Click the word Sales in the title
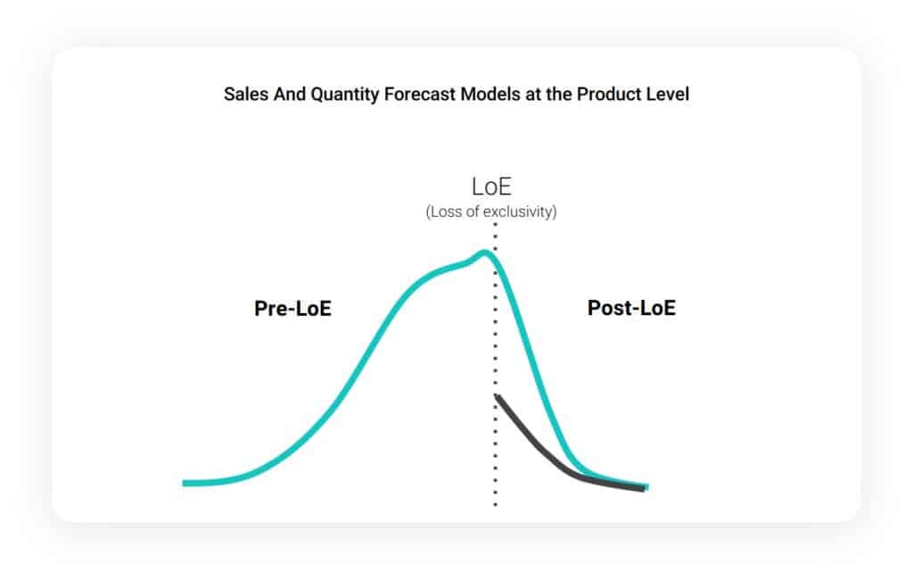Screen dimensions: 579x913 click(x=243, y=94)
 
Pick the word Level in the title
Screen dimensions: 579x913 click(x=667, y=94)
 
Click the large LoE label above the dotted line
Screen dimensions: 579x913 click(x=491, y=187)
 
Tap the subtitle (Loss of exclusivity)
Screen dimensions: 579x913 click(x=491, y=212)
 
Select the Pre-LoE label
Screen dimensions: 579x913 click(x=293, y=309)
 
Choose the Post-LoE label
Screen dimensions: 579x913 click(x=631, y=309)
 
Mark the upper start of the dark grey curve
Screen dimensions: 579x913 click(x=497, y=395)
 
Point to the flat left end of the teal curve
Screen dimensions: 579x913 click(x=187, y=483)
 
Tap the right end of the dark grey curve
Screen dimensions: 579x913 click(x=641, y=489)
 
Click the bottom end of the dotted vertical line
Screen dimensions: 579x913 click(x=495, y=505)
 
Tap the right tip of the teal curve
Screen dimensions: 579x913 click(x=646, y=487)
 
